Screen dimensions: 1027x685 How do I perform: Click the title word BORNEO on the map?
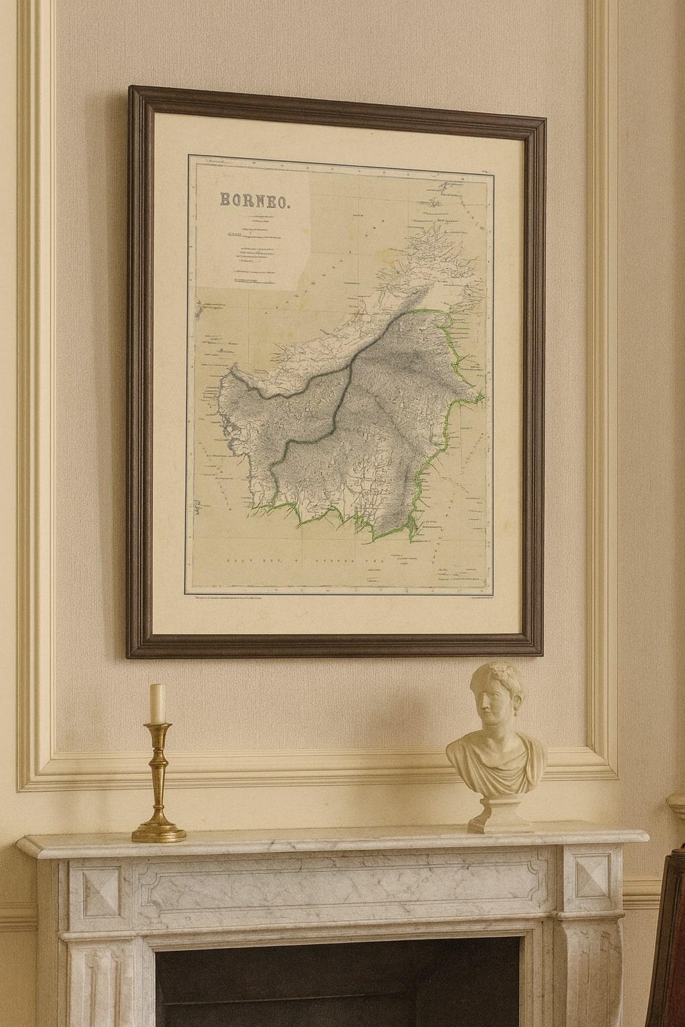pyautogui.click(x=254, y=200)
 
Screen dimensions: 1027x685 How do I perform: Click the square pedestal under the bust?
pyautogui.click(x=500, y=814)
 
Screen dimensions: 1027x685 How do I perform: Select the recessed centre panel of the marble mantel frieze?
pyautogui.click(x=334, y=883)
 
